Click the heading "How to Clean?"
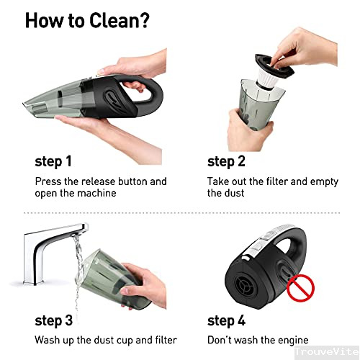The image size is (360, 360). (x=87, y=21)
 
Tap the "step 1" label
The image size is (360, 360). (x=53, y=161)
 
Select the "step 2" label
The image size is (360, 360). (x=226, y=161)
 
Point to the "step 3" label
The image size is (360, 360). (x=54, y=320)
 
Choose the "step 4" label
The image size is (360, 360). (x=226, y=320)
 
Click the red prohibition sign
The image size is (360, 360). (x=300, y=288)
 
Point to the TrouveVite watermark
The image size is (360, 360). (x=327, y=352)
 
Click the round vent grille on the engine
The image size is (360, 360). (x=245, y=287)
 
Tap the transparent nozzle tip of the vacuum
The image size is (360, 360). (x=30, y=105)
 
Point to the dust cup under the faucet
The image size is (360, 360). (x=113, y=279)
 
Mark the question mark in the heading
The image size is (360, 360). (x=144, y=21)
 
